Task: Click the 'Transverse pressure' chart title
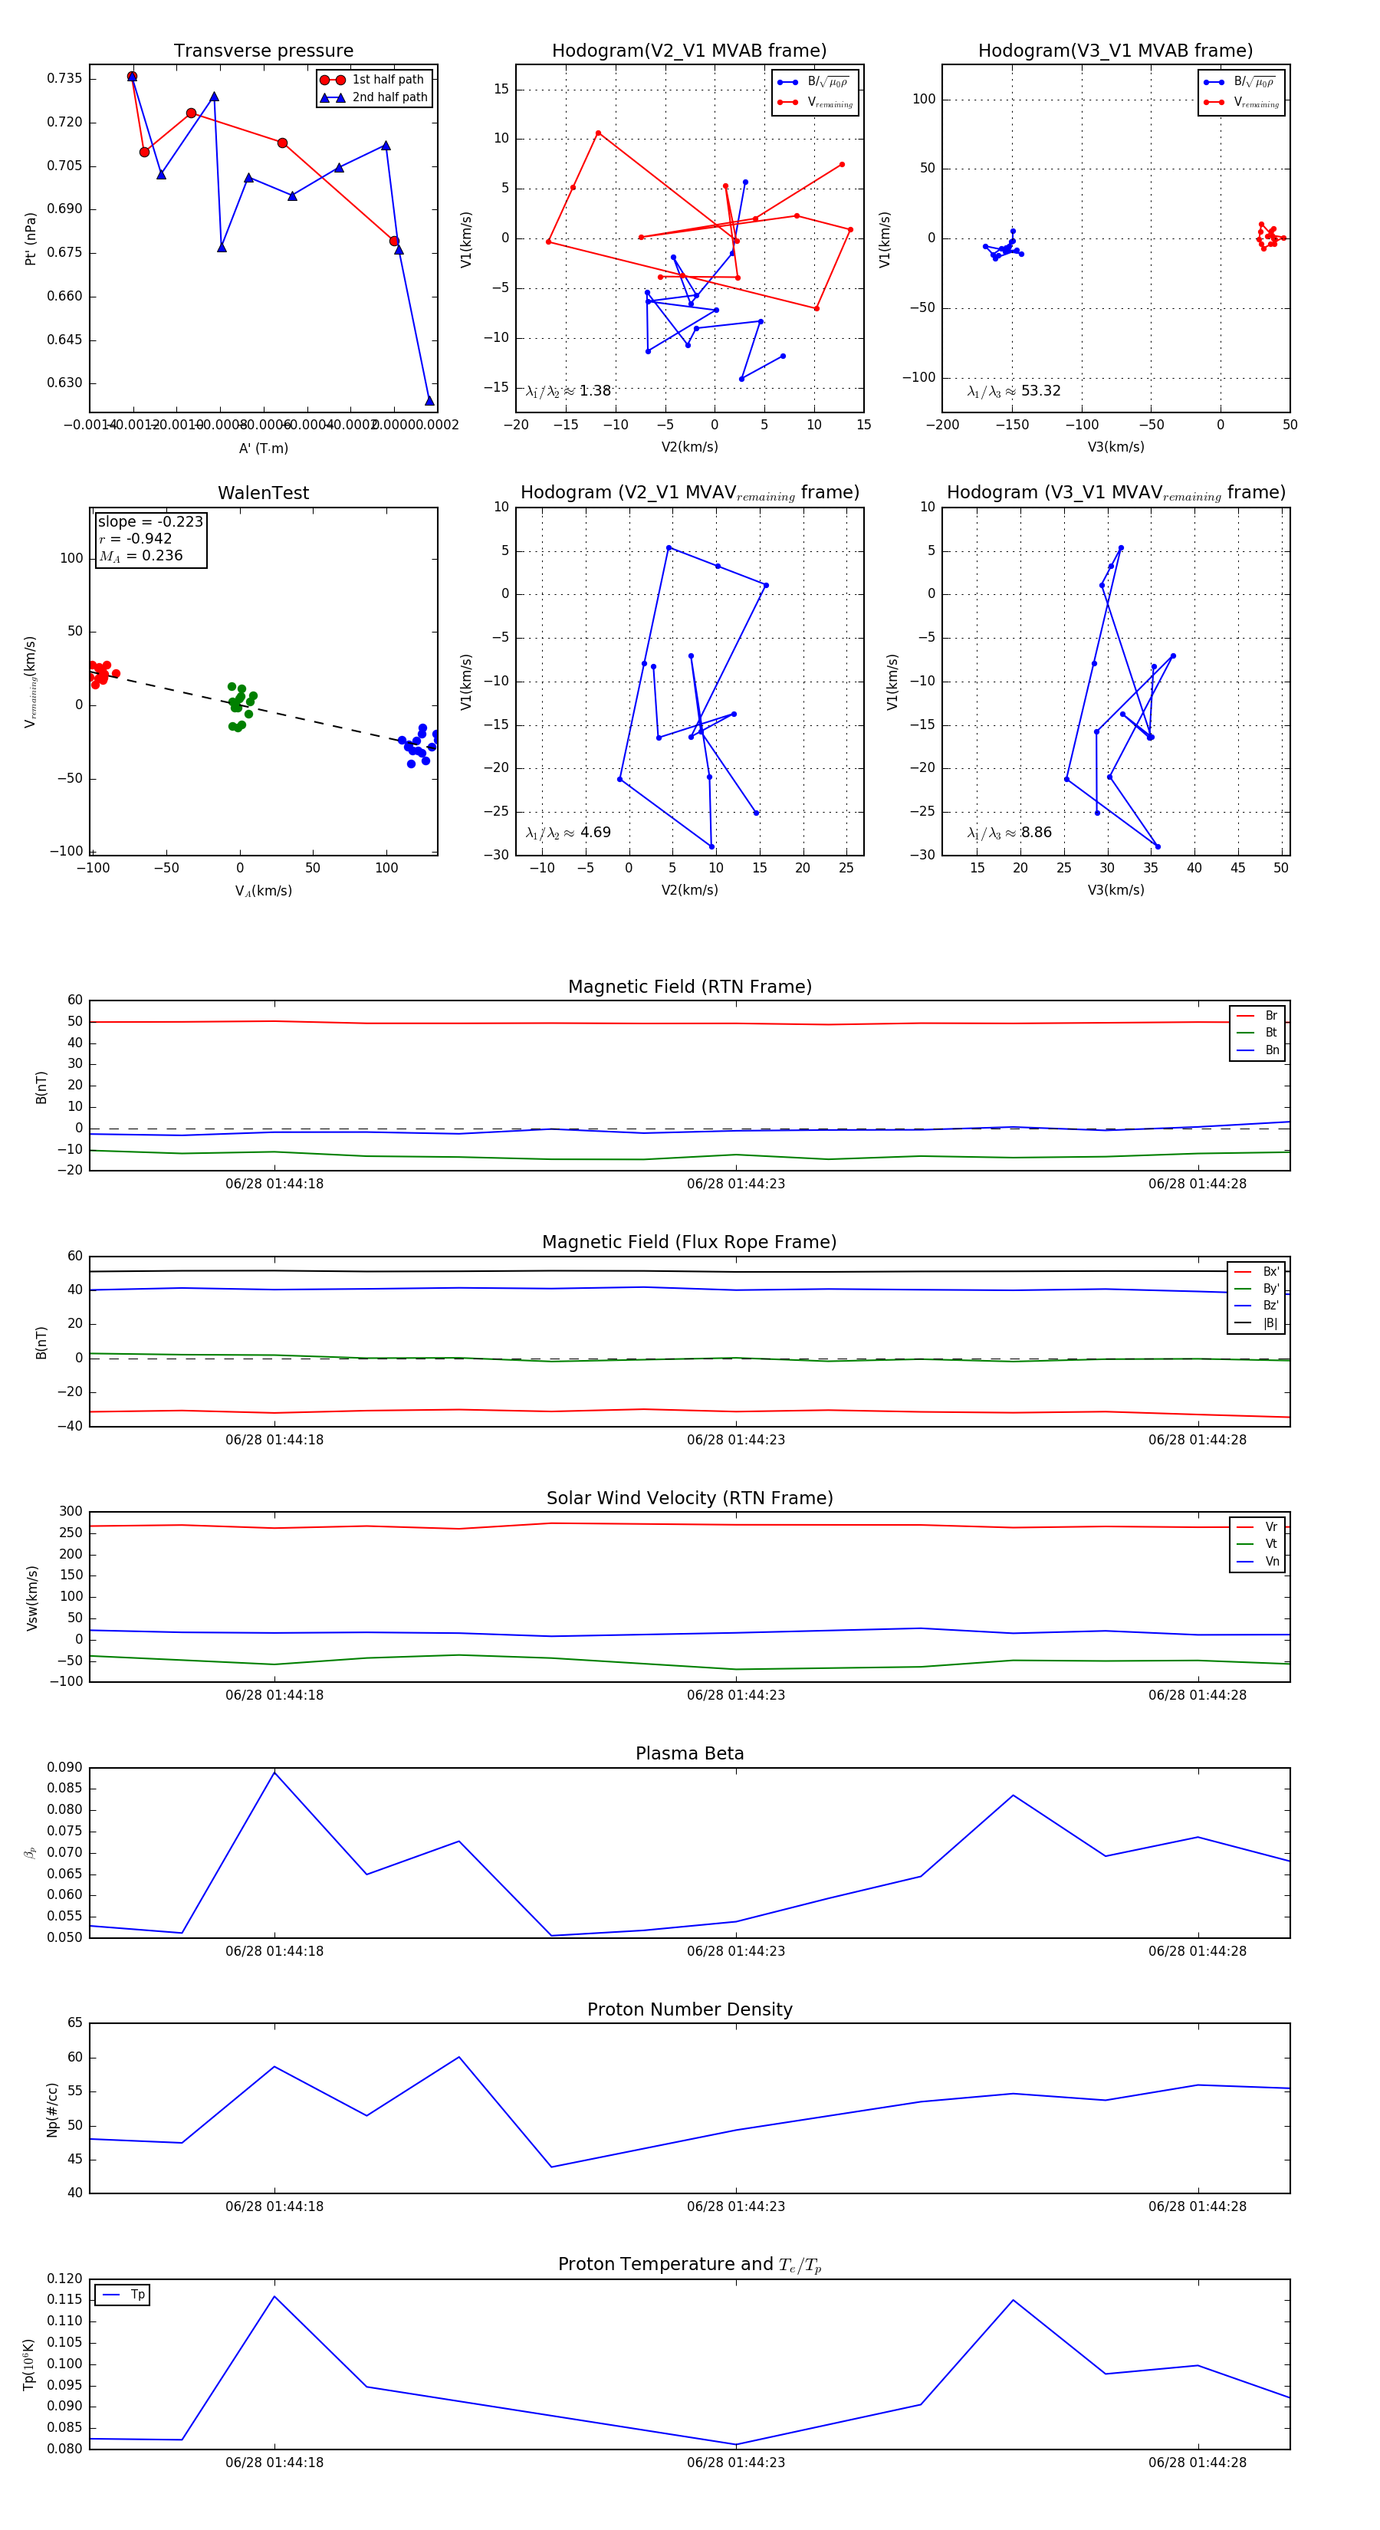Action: point(263,51)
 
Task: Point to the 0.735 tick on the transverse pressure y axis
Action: point(65,78)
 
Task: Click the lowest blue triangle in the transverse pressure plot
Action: point(429,399)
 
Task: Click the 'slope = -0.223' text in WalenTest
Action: point(150,521)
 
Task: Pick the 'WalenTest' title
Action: point(263,493)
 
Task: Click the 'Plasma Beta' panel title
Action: point(689,1754)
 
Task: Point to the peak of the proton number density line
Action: point(458,2058)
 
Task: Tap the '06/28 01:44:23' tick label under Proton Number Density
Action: point(736,2207)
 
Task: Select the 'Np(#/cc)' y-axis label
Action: point(52,2110)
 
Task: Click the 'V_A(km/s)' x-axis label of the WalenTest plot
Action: point(263,891)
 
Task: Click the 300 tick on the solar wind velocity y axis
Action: point(70,1512)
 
